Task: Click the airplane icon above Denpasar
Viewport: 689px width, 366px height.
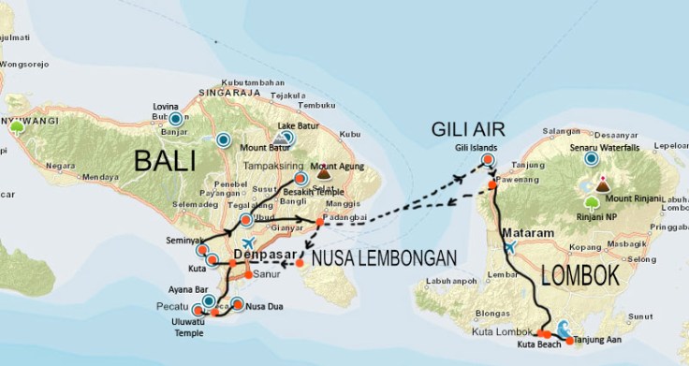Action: click(x=247, y=244)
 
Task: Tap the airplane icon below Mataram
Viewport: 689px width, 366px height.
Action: click(x=509, y=248)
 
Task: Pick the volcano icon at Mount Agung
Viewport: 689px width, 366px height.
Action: click(x=325, y=172)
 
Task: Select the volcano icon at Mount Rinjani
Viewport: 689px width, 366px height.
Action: click(x=601, y=186)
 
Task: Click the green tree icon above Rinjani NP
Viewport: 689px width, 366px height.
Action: click(x=591, y=202)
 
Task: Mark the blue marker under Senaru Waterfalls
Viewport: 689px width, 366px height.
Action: click(x=590, y=159)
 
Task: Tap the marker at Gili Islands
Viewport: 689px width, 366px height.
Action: click(x=488, y=160)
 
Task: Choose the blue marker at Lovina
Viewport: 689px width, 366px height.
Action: click(x=175, y=119)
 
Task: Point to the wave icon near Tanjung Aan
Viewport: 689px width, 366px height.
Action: click(x=564, y=327)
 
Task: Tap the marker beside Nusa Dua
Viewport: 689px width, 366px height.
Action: click(x=238, y=304)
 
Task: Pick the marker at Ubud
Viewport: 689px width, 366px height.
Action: click(x=245, y=220)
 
